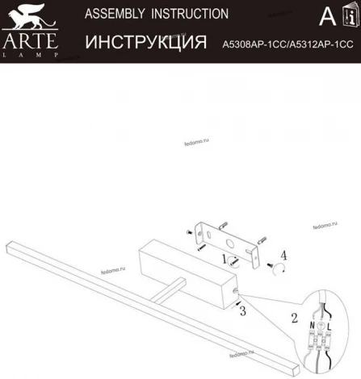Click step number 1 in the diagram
click(225, 260)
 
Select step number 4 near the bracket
click(283, 255)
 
